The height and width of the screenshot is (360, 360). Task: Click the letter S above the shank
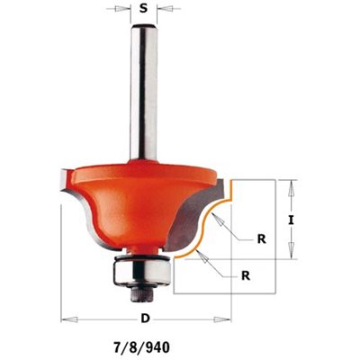(144, 8)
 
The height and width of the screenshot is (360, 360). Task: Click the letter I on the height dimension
(290, 220)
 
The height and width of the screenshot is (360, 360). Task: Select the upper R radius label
(262, 239)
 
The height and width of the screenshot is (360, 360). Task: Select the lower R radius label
(246, 275)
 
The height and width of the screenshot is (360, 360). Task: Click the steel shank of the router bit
(144, 93)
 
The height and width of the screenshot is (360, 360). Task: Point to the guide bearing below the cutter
(142, 270)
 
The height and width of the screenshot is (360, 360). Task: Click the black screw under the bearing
(142, 291)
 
